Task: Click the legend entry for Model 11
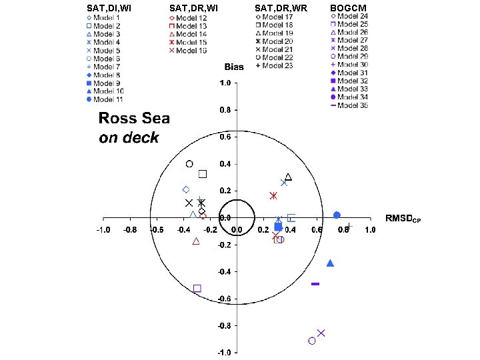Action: pos(107,99)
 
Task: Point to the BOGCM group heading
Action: pos(348,8)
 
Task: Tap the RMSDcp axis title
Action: pos(403,218)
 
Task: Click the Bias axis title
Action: pos(234,67)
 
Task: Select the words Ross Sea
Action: pos(134,119)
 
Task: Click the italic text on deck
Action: pos(129,138)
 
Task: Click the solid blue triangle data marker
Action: pos(330,263)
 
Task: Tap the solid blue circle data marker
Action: pos(337,215)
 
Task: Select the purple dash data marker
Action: pos(315,284)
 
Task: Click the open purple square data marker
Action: pos(197,289)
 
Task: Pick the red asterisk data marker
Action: pos(273,196)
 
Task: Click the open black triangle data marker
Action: pos(288,177)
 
